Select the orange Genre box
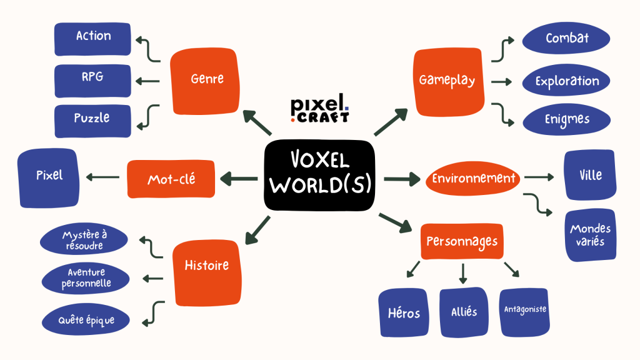[206, 79]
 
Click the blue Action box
[92, 36]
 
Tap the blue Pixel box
[49, 177]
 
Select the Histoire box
[206, 266]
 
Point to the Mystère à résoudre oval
[84, 241]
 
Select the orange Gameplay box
[447, 81]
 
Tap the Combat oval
[567, 39]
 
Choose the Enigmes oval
[567, 119]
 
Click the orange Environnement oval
[474, 179]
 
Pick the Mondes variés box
[590, 234]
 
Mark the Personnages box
[462, 242]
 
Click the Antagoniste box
[525, 311]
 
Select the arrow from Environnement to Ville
[539, 177]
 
